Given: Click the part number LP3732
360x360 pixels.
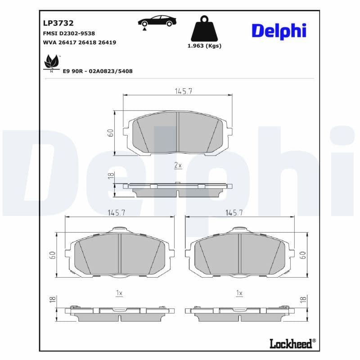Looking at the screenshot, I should click(58, 23).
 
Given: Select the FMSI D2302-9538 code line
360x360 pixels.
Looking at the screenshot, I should click(69, 33).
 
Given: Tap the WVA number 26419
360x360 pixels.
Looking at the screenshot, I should click(107, 42).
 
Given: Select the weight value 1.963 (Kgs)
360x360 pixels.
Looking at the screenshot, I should click(204, 46).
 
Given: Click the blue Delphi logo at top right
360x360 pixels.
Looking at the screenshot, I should click(279, 31).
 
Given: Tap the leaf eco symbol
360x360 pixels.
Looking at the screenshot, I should click(51, 62).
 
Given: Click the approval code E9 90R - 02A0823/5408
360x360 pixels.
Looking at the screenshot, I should click(98, 71).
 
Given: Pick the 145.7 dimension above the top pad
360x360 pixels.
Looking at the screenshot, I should click(184, 91).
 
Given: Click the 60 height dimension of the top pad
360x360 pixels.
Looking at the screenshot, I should click(110, 132).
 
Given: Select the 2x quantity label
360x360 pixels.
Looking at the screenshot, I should click(178, 166).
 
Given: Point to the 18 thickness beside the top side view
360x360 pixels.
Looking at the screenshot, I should click(110, 176).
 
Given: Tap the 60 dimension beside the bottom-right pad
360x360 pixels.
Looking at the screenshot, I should click(303, 255).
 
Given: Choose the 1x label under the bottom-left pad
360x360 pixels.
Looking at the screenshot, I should click(119, 293).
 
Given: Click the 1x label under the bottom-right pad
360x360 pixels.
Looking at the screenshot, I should click(239, 293).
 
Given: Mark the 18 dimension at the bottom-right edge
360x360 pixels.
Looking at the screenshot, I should click(303, 299).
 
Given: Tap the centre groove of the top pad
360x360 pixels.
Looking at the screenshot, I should click(178, 132).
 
